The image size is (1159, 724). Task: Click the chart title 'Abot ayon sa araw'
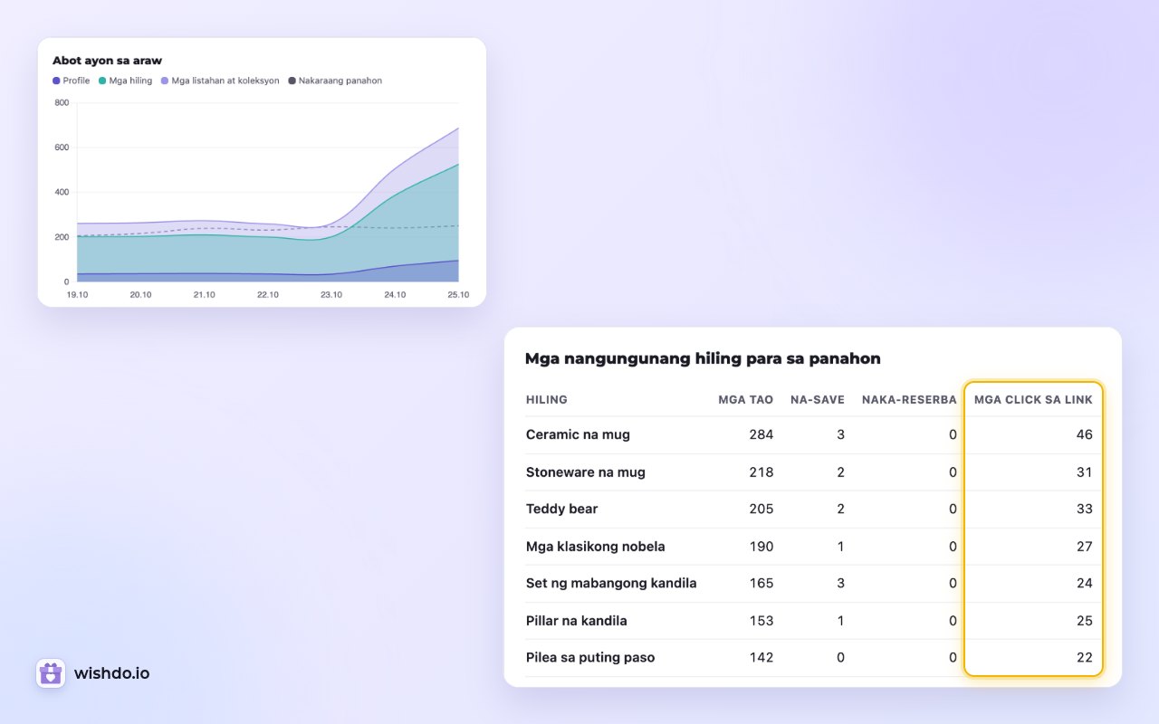107,61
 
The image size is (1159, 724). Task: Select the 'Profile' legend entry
72,81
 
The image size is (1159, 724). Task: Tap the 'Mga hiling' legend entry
125,81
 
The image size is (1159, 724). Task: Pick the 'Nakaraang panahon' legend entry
335,81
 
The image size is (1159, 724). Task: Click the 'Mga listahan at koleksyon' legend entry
220,81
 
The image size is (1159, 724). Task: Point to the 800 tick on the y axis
62,102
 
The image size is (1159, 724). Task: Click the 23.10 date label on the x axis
331,295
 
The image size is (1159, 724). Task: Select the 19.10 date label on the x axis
77,295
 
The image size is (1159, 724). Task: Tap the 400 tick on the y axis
62,192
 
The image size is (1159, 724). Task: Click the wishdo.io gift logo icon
51,672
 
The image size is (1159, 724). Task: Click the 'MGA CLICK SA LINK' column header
1033,400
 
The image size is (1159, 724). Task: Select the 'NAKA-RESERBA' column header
909,400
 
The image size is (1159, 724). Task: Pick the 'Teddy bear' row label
561,509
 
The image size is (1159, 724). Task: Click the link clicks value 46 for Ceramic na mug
1085,434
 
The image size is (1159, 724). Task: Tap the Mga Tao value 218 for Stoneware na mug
761,472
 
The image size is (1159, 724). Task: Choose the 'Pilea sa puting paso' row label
590,657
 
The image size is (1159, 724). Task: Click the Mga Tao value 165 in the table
761,584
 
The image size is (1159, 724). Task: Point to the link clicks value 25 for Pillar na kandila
1085,621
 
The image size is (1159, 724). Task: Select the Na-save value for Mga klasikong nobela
840,547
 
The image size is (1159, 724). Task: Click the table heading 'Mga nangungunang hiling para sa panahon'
703,358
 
